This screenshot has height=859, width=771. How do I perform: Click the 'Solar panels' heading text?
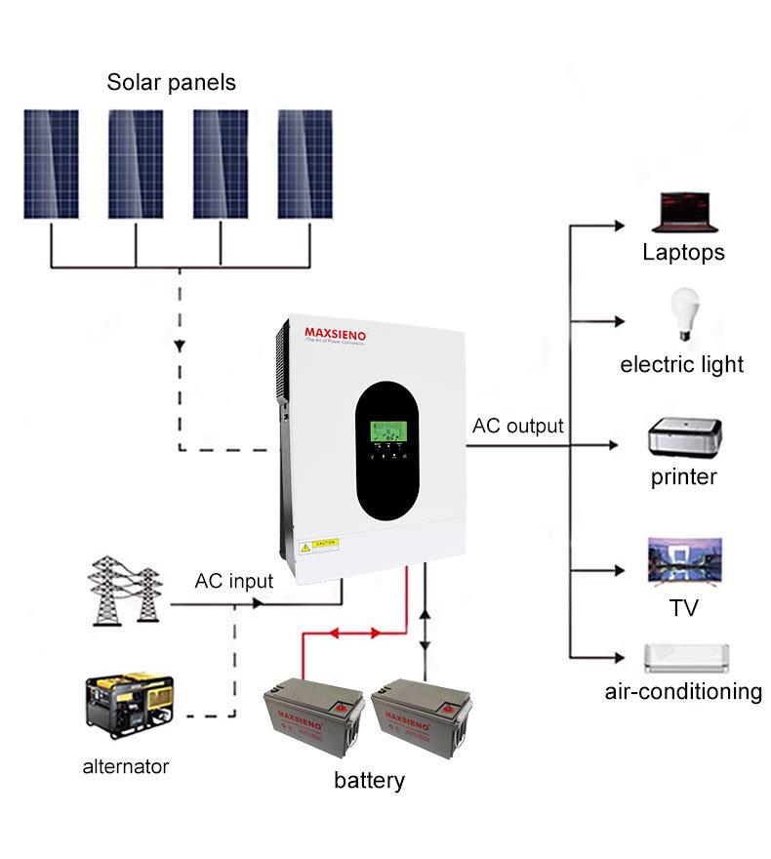point(171,82)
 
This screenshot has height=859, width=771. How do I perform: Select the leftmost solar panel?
point(51,163)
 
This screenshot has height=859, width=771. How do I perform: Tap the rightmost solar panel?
point(304,163)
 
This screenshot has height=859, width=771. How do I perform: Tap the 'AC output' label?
point(517,426)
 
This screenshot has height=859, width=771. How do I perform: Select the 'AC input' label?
point(234,581)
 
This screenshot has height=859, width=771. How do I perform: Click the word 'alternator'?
point(125,766)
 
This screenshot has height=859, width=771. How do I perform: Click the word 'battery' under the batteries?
point(369,781)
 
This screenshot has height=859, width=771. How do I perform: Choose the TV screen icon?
point(684,560)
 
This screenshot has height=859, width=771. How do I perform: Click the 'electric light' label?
point(682,365)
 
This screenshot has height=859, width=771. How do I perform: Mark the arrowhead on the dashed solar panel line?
point(180,347)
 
